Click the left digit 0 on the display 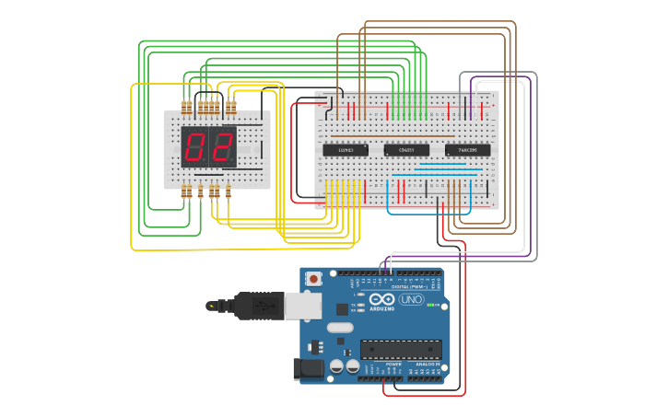194,146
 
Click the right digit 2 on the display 222,146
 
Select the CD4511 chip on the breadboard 406,150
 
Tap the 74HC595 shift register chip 467,150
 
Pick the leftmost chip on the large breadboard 346,150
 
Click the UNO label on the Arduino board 411,300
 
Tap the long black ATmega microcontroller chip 400,350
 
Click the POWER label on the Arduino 393,365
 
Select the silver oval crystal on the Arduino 340,327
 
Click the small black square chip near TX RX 342,309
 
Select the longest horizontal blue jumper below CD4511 446,170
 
